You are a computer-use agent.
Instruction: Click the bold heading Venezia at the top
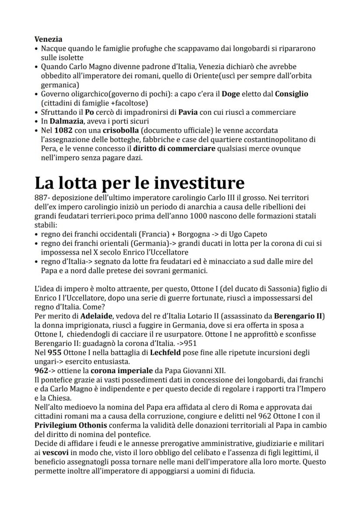pos(48,39)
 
